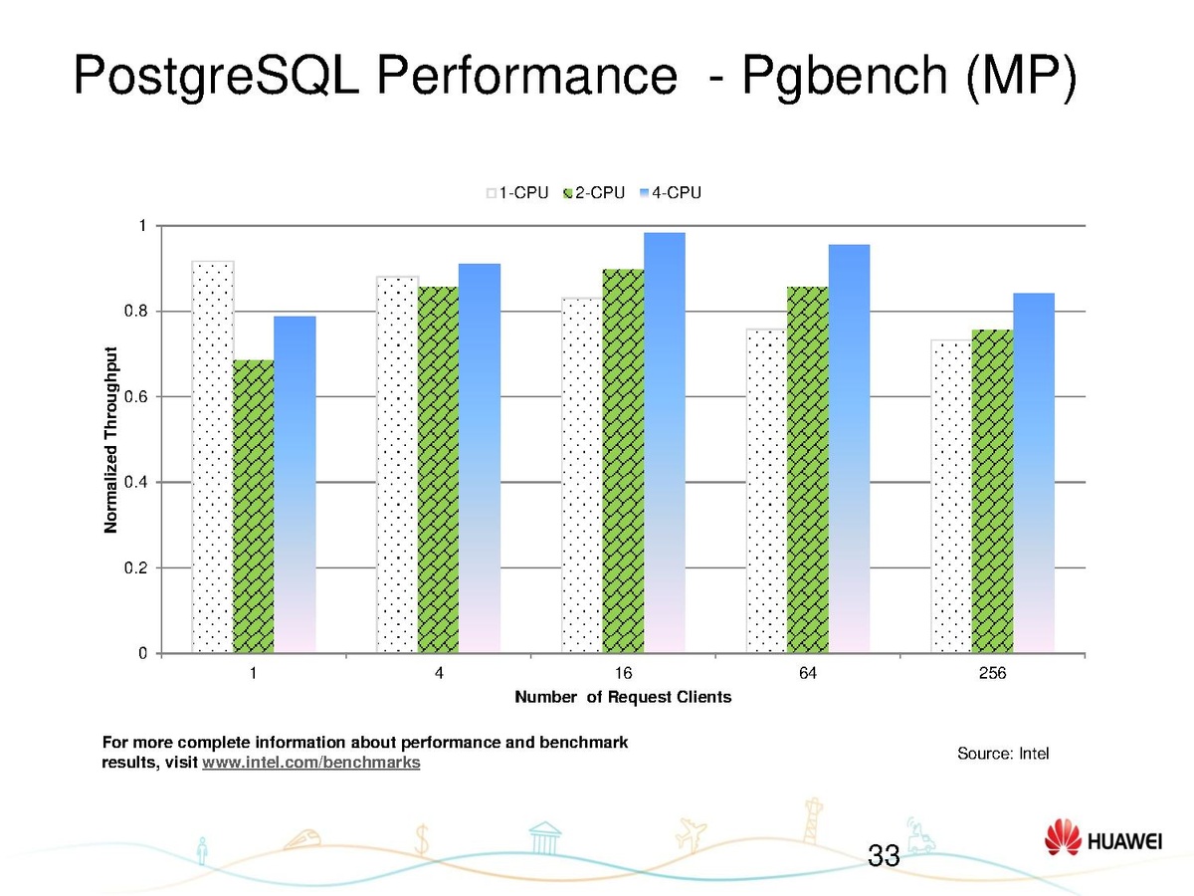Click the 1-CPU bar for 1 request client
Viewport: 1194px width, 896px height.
[213, 458]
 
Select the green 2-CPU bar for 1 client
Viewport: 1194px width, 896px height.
[254, 508]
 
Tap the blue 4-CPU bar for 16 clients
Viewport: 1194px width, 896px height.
[664, 443]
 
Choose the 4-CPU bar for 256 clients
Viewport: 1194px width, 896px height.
[1034, 473]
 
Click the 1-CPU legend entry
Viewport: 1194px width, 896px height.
[517, 193]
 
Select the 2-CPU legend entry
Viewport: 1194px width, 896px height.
[594, 193]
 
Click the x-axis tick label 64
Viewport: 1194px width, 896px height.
[808, 674]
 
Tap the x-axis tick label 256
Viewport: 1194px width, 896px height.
[992, 674]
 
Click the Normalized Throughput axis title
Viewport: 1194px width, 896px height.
[111, 439]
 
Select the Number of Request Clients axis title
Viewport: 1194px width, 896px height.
[623, 698]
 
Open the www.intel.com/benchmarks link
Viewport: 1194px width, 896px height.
[310, 764]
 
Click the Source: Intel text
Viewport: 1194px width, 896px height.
[1003, 754]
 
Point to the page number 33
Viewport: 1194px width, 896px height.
[884, 855]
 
